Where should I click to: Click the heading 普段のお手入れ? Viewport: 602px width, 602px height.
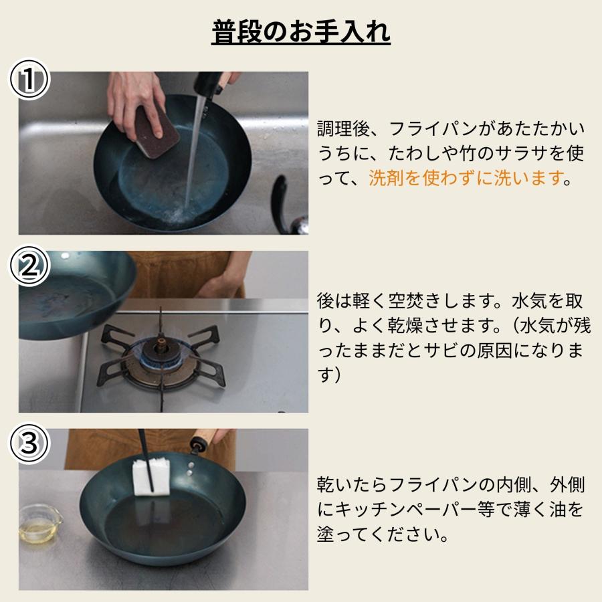point(301,31)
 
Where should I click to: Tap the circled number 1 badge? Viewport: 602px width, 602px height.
point(29,81)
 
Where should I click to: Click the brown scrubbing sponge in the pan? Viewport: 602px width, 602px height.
point(156,130)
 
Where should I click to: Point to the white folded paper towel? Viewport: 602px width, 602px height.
point(155,478)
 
